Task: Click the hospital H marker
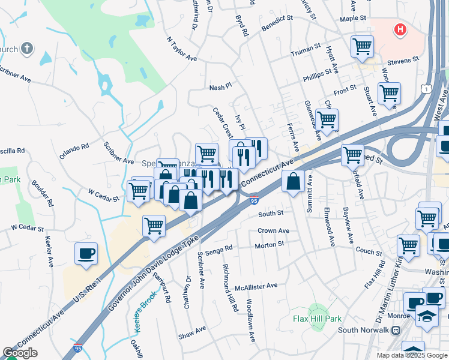[x=399, y=29]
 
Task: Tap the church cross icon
[x=26, y=48]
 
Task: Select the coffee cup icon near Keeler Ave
[x=86, y=253]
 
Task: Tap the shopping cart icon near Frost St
[x=389, y=93]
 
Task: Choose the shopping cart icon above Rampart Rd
[x=154, y=226]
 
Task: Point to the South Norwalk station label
[x=365, y=330]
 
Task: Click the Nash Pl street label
[x=220, y=88]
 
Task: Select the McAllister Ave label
[x=256, y=286]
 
